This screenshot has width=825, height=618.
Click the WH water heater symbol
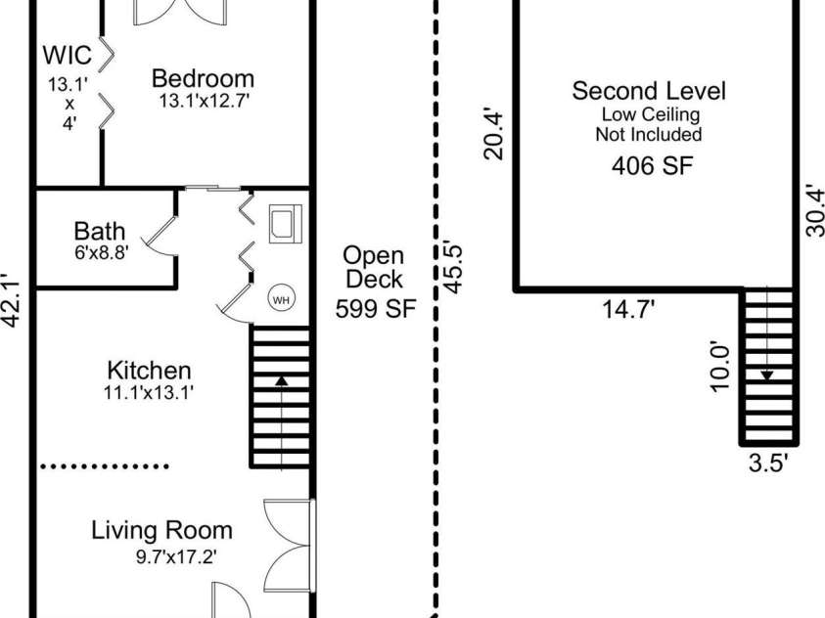(x=282, y=299)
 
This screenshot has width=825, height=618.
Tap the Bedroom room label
(x=204, y=79)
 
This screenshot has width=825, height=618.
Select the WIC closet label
(x=68, y=52)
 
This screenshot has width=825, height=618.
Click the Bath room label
(x=99, y=232)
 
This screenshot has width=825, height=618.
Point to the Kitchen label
(x=149, y=371)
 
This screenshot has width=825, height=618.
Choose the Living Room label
(x=162, y=531)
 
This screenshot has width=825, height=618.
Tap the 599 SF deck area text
(x=376, y=309)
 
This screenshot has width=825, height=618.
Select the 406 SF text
(x=652, y=165)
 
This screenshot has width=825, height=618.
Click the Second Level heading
(x=649, y=92)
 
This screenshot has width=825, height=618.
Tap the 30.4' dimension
(x=815, y=209)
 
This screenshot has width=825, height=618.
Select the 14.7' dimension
(x=627, y=311)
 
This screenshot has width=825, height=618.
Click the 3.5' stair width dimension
(x=767, y=464)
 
